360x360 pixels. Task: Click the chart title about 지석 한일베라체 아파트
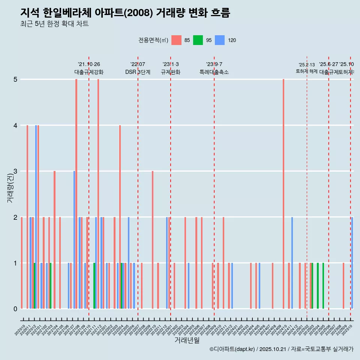(125, 13)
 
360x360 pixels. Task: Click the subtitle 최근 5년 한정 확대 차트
(54, 24)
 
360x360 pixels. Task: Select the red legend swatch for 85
(176, 40)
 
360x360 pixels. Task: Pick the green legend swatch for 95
(198, 40)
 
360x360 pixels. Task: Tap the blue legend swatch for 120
(220, 40)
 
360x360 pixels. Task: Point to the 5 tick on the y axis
(15, 79)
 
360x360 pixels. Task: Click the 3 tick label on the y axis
(15, 171)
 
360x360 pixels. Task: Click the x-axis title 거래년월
(187, 340)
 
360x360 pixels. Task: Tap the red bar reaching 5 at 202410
(283, 194)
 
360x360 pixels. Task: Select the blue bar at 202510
(352, 262)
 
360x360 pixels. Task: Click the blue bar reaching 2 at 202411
(292, 262)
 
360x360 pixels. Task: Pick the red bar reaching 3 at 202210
(153, 240)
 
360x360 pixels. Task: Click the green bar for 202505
(323, 286)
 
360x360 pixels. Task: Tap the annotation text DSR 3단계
(138, 72)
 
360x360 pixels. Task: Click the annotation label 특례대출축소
(214, 72)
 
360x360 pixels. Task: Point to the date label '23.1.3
(171, 64)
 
